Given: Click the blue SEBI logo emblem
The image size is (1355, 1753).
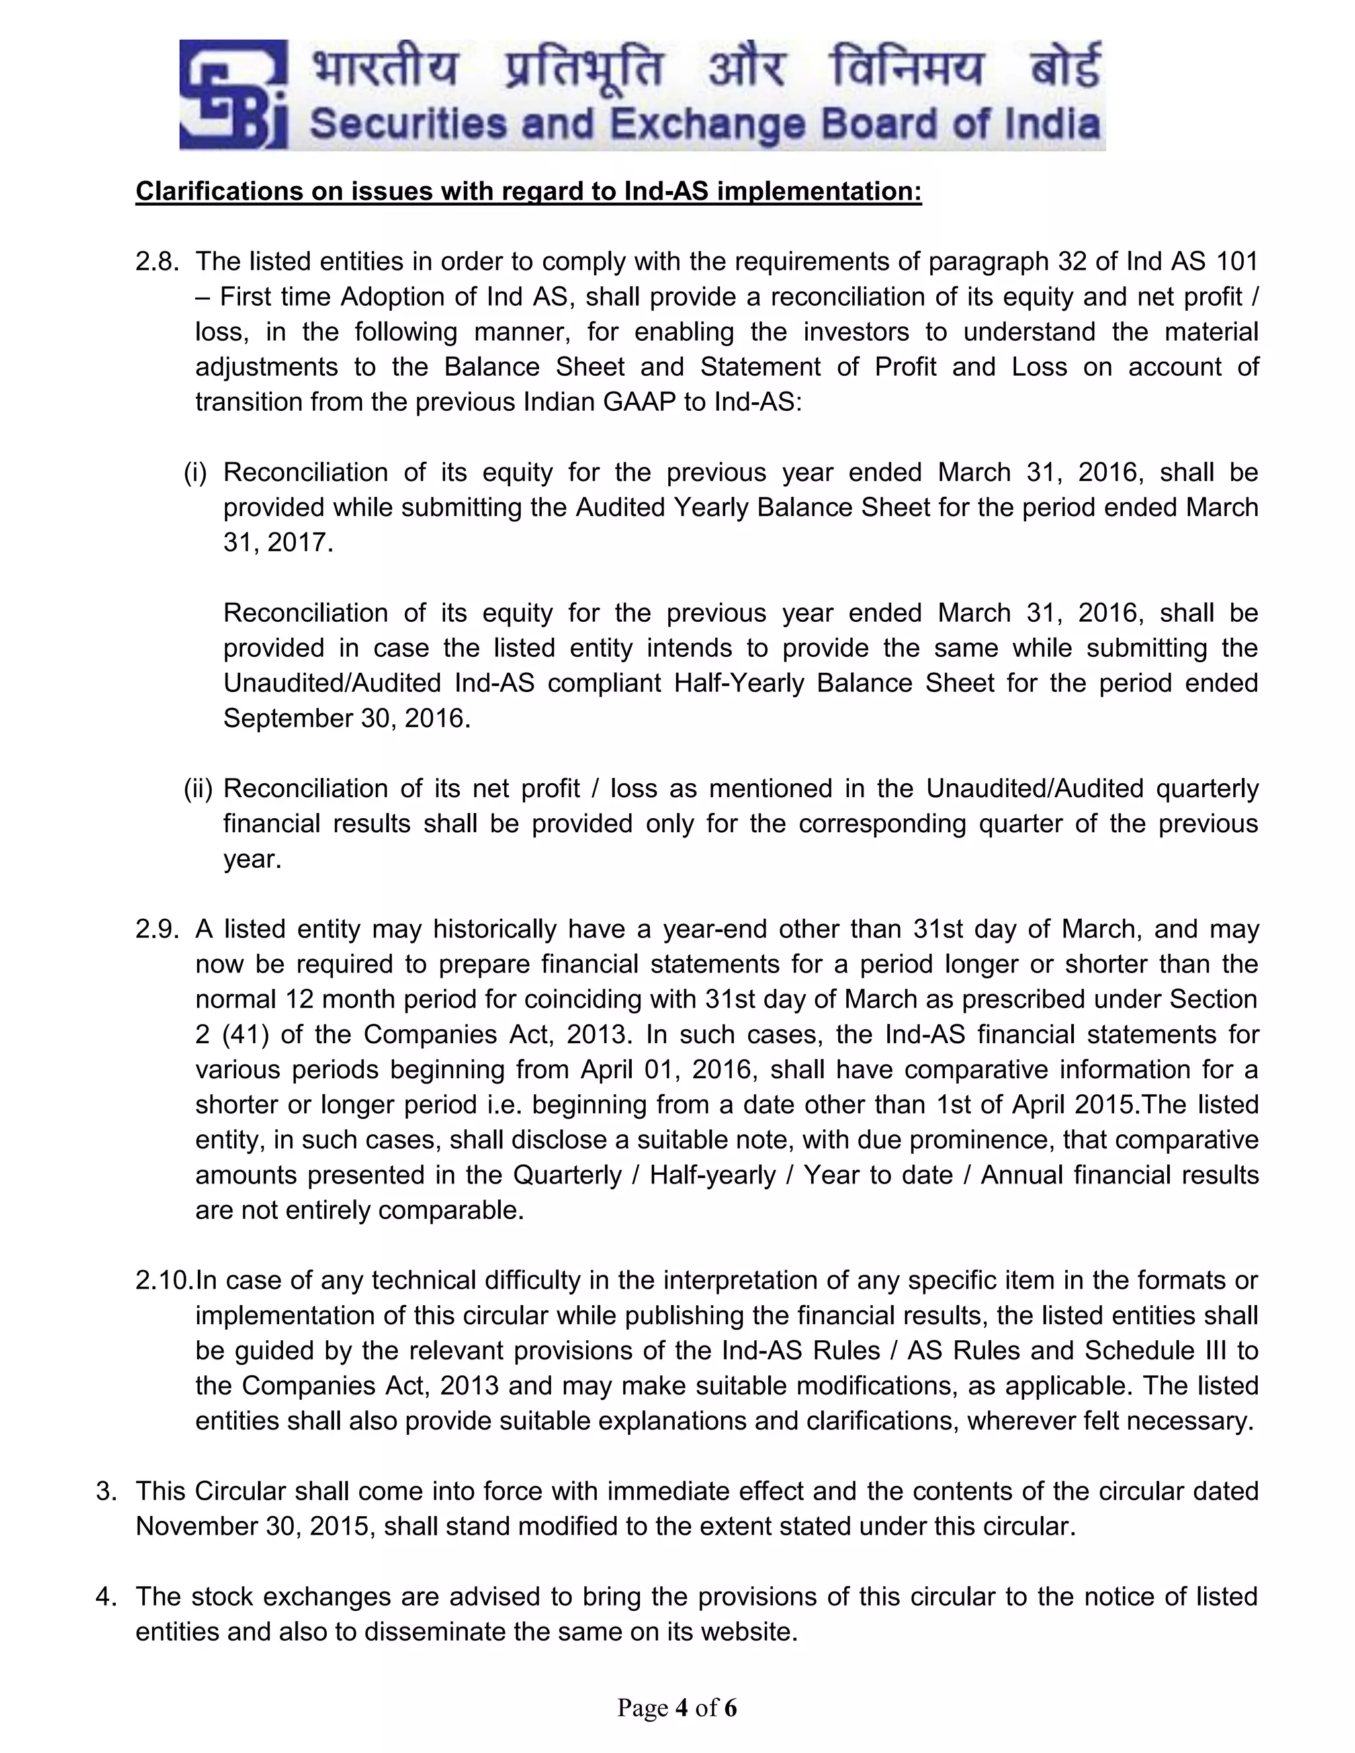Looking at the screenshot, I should click(x=233, y=95).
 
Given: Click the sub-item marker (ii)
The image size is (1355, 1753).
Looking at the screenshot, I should click(x=197, y=789).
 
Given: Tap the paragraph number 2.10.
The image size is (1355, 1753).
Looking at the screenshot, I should click(x=165, y=1280).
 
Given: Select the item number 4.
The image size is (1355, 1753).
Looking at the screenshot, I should click(x=105, y=1596).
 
